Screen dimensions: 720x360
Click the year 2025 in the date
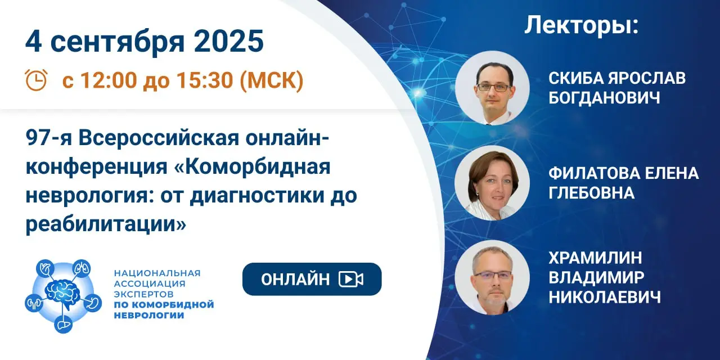tap(228, 42)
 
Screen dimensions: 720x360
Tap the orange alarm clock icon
tap(36, 80)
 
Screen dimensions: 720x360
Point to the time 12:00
tap(109, 80)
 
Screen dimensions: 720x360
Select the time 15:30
tap(205, 80)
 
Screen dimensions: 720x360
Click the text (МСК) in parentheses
tap(272, 80)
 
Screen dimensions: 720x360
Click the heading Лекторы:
tap(581, 25)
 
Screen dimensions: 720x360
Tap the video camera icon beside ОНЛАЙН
tap(351, 279)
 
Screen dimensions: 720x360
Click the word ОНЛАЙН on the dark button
tap(295, 279)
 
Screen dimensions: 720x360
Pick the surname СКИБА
tap(575, 78)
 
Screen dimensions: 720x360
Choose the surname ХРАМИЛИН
tap(595, 258)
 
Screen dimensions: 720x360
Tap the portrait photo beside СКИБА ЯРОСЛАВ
tap(492, 88)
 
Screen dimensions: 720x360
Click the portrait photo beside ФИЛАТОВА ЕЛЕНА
tap(492, 183)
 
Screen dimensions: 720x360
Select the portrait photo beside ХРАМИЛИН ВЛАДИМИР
tap(492, 277)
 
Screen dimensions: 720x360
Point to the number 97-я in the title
tap(48, 138)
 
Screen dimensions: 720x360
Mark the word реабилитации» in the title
tap(106, 224)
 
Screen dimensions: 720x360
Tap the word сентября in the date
tap(118, 42)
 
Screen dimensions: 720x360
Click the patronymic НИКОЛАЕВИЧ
tap(605, 297)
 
